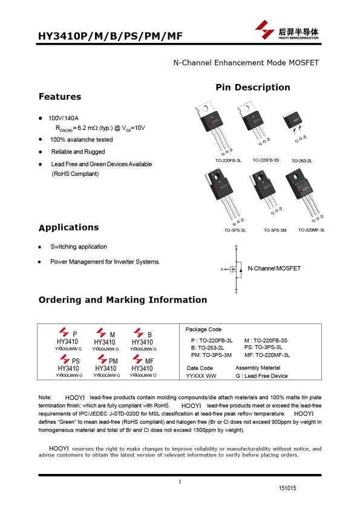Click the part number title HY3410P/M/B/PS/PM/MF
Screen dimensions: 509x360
coord(110,36)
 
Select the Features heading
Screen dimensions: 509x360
coord(59,97)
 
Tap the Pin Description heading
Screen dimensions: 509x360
coord(252,88)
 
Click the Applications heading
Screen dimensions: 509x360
coord(68,228)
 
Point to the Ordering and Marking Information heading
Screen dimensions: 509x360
coord(122,300)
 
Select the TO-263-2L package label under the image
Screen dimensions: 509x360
coord(301,161)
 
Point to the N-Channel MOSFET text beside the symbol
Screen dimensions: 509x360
coord(274,268)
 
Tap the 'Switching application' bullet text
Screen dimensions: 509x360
coord(79,247)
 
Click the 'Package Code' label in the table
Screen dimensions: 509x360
coord(203,329)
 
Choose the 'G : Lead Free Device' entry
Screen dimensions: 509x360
coord(261,376)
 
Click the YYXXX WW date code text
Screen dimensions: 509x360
coord(201,376)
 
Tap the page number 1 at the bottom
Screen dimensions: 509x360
coord(180,481)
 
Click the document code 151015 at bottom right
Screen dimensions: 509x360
coord(287,488)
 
